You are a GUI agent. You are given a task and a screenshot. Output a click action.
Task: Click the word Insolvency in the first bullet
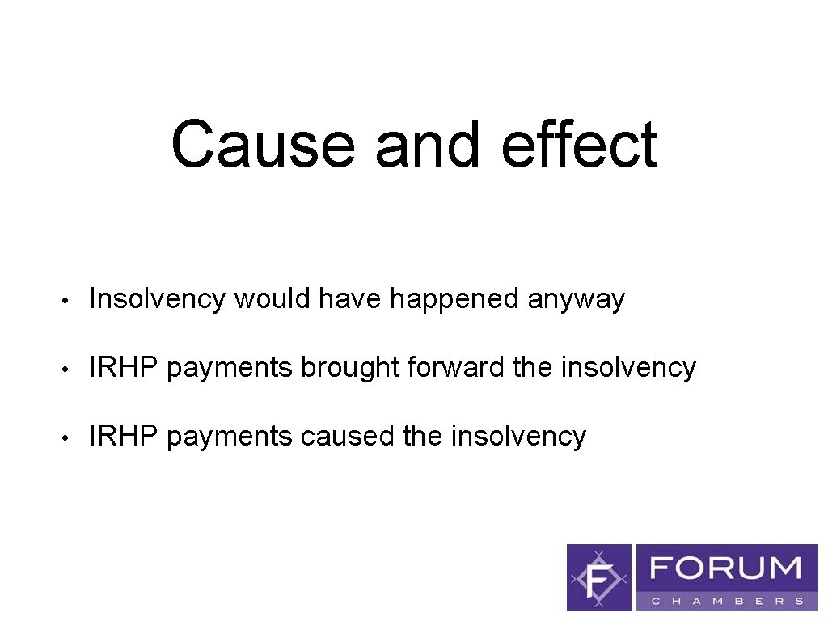158,299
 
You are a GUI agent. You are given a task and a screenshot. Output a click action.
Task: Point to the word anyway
577,300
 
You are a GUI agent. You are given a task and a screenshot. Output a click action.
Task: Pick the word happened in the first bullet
455,300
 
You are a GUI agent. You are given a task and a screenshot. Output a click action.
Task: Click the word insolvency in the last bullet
518,437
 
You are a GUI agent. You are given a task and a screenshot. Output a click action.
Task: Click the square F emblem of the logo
599,577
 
